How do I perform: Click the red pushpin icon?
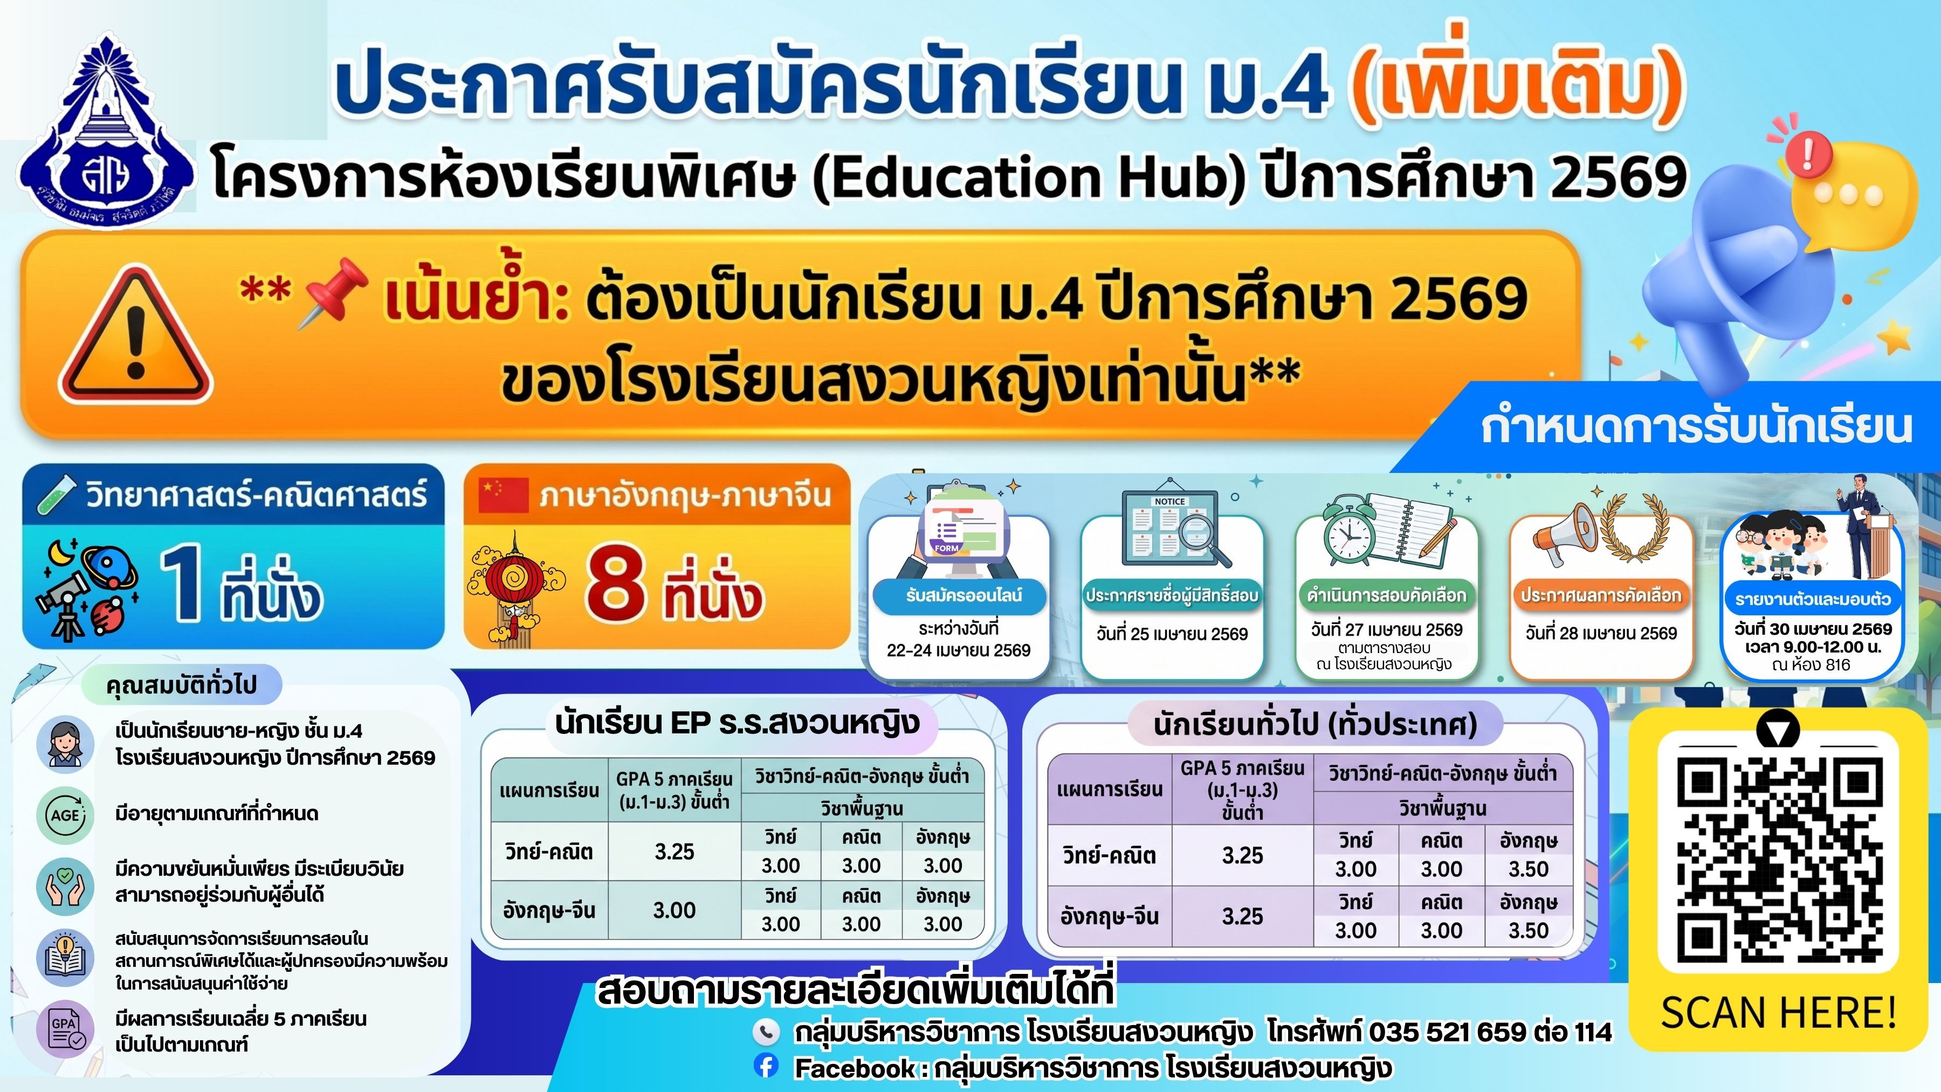pos(333,292)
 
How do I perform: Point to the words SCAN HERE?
pos(1778,1012)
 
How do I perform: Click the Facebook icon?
pos(766,1066)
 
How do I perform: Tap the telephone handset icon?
pos(766,1031)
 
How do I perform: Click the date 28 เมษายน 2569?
pos(1601,633)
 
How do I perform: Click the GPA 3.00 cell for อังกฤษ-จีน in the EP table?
pos(674,910)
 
